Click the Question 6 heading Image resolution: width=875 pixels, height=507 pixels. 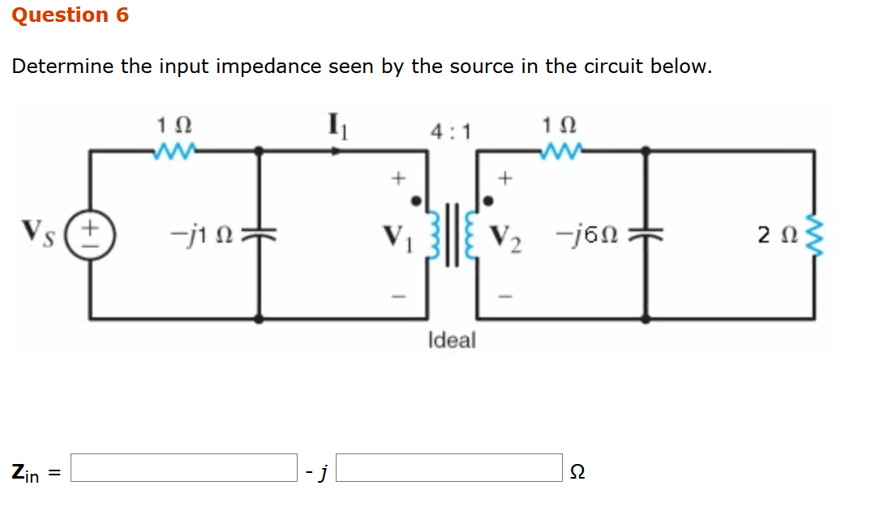click(71, 15)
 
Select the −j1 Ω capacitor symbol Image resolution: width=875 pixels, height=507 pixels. click(259, 233)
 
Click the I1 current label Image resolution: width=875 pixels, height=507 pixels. click(335, 127)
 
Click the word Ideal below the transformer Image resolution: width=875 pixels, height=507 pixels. click(452, 341)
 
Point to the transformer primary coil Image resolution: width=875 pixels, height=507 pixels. click(432, 234)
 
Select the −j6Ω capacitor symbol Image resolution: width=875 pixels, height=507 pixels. click(646, 233)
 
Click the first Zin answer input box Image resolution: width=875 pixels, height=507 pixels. click(184, 468)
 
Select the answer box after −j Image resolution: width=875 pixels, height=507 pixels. click(449, 468)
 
